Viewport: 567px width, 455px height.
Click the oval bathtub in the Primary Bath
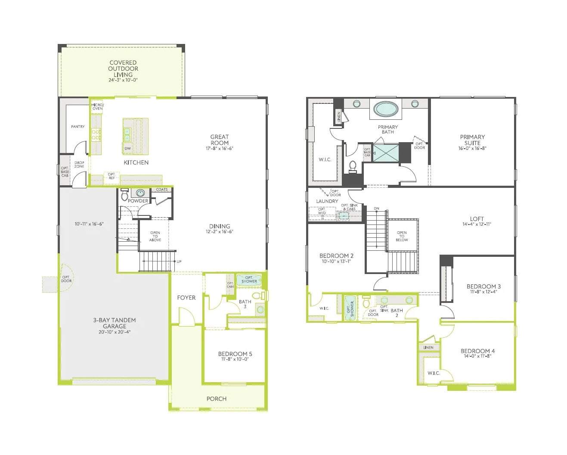pos(385,109)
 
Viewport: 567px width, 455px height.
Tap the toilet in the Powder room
pos(124,195)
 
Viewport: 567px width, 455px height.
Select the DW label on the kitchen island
pos(127,149)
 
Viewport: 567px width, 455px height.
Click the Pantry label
pos(78,127)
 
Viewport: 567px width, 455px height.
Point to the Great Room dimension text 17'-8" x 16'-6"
pos(220,149)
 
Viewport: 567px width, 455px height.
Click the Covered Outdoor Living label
pos(123,69)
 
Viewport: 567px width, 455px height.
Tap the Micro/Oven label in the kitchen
pos(97,106)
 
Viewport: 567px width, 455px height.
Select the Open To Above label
pos(155,237)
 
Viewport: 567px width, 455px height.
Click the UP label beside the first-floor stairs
pos(179,262)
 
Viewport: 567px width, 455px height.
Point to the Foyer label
pos(186,298)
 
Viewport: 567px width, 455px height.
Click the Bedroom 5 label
pos(235,354)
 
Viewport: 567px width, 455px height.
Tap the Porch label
pos(217,399)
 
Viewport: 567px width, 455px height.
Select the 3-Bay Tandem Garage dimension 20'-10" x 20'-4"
pos(115,332)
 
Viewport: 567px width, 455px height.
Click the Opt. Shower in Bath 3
pos(249,280)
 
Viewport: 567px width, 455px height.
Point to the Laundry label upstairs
pos(327,201)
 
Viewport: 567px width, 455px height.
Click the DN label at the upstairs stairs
pos(377,209)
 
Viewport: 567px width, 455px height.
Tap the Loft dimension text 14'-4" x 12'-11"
pos(477,224)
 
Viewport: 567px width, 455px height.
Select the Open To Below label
pos(402,237)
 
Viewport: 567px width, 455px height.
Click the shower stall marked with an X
pos(385,153)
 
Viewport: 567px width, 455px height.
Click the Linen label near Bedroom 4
pos(428,348)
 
